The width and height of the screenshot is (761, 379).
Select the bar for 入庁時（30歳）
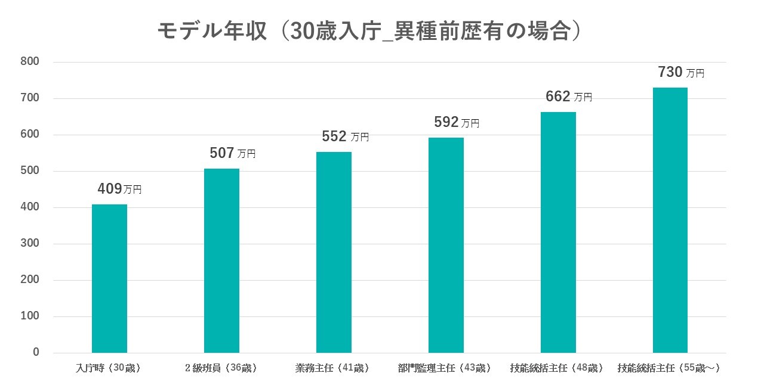point(109,278)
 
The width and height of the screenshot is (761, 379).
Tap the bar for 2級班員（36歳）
point(221,260)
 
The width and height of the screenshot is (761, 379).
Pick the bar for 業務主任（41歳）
point(334,253)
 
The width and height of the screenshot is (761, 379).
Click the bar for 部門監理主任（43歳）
point(446,246)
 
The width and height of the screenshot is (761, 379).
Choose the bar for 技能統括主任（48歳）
point(558,232)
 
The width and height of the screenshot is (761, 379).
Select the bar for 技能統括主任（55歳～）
point(670,220)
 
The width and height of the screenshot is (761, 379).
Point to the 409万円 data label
point(119,189)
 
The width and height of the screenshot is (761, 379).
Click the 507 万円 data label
point(232,153)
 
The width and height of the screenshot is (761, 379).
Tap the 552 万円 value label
point(345,136)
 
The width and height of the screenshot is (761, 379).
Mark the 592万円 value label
point(457,122)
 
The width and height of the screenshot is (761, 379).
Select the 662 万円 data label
point(569,97)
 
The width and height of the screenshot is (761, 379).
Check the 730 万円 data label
point(681,72)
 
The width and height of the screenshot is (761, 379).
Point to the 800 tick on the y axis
point(30,61)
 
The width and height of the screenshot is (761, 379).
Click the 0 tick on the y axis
point(36,352)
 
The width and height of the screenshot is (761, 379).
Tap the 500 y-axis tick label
point(30,170)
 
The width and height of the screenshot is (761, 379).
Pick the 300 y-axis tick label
point(30,243)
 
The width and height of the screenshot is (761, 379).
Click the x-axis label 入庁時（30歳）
point(108,368)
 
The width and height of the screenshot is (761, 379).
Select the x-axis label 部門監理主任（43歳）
point(445,368)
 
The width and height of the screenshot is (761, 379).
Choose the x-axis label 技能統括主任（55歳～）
point(668,368)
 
